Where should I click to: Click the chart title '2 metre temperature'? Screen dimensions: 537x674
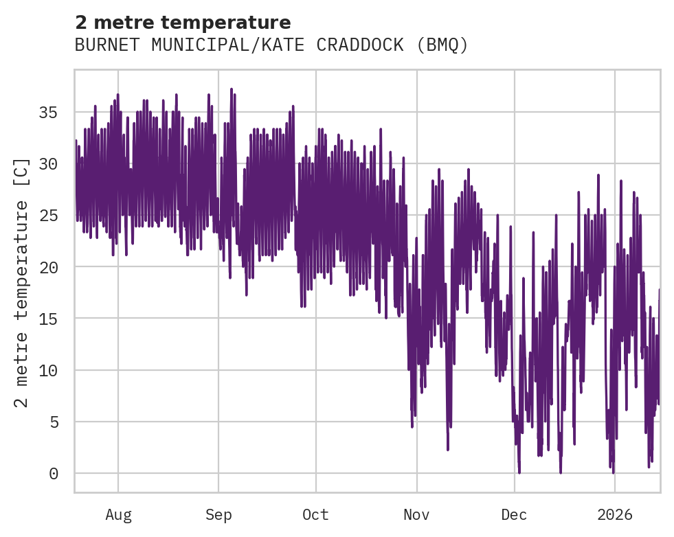coord(183,23)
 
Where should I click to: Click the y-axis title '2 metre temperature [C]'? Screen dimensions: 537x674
coord(23,282)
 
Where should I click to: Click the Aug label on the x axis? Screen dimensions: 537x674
coord(118,514)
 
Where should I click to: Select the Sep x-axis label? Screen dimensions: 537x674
coord(218,514)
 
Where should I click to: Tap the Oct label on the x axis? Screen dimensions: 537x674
coord(316,514)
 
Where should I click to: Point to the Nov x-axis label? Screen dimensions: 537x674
coord(416,514)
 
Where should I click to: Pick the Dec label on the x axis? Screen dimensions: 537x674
coord(514,514)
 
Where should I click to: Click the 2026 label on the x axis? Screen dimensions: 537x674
coord(614,514)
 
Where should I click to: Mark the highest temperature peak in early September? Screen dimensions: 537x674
coord(232,89)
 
